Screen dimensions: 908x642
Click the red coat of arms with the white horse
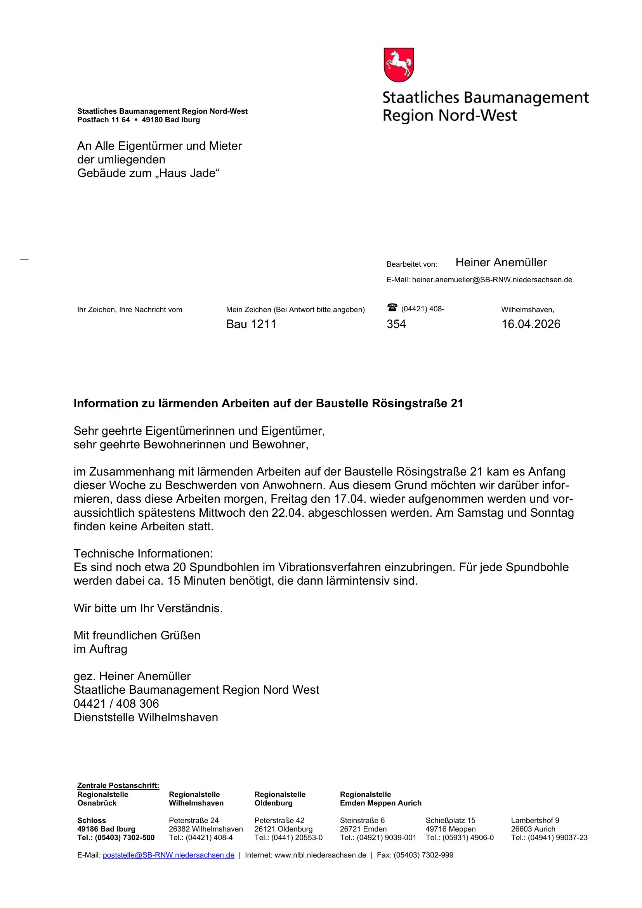point(399,65)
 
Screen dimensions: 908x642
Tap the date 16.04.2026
point(531,324)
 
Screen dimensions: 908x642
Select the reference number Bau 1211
point(251,324)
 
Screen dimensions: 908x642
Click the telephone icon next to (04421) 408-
point(392,307)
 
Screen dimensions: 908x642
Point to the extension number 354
point(396,324)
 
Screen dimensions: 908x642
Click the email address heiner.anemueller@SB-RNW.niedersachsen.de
point(492,280)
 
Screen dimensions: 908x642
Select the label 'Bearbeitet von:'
point(411,264)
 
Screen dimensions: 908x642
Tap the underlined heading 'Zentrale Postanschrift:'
point(118,785)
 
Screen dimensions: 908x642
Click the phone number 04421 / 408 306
point(116,703)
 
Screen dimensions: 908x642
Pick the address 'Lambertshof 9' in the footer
point(535,821)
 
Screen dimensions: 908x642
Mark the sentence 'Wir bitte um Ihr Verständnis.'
point(148,608)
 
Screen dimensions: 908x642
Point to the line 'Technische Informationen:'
point(143,553)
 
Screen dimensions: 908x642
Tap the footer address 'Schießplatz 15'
point(450,821)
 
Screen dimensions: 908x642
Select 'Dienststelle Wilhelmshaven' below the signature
point(146,717)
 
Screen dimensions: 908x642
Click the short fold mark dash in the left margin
point(24,260)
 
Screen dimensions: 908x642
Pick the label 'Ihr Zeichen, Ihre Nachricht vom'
point(130,310)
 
